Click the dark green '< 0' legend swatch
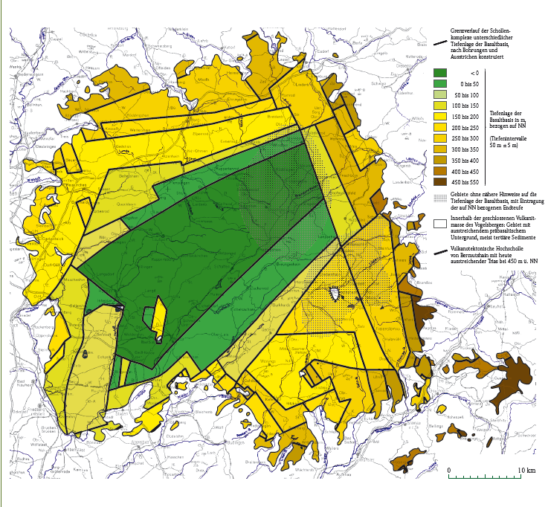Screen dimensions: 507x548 439,73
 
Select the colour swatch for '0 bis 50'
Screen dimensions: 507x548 439,84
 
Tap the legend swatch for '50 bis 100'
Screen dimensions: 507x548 439,95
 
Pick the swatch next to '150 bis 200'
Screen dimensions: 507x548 439,117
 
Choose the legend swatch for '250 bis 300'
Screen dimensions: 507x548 439,138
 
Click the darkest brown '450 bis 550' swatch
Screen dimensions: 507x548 439,181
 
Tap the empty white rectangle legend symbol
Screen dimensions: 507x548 439,222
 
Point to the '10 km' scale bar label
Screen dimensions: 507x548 526,471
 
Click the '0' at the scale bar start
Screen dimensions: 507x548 448,471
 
